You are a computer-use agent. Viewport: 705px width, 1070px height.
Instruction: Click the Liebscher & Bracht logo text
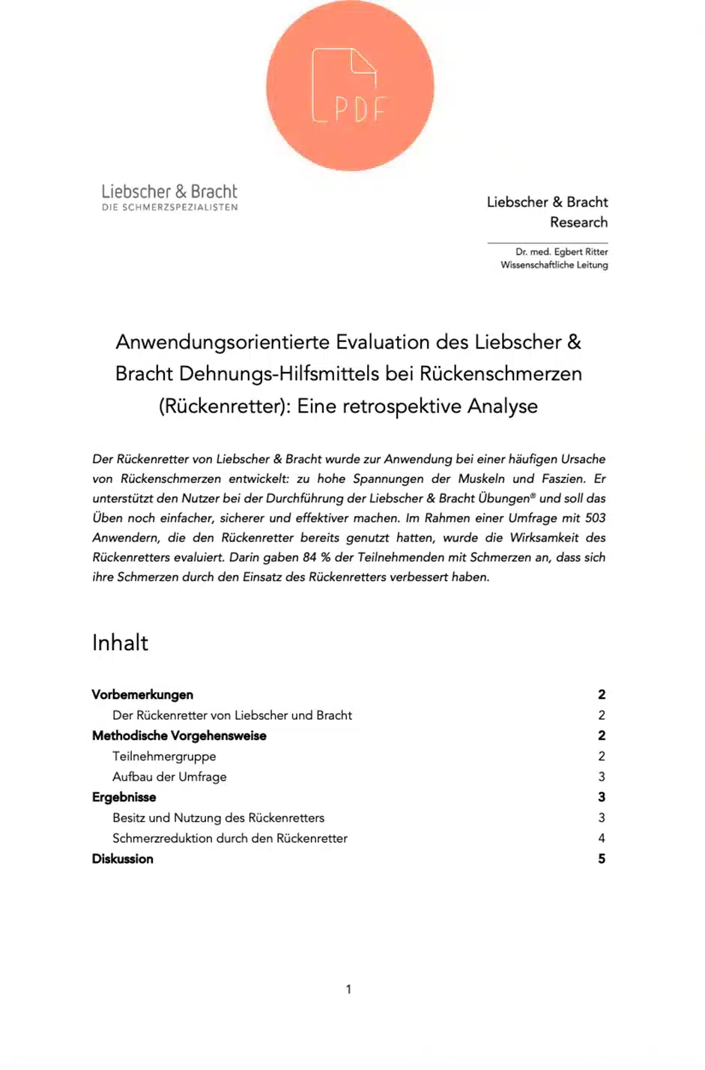click(x=169, y=191)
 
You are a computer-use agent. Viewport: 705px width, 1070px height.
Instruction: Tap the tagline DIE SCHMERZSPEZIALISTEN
click(x=169, y=208)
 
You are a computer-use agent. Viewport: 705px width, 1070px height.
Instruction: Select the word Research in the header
click(x=578, y=222)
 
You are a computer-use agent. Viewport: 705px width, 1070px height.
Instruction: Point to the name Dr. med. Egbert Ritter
click(x=561, y=252)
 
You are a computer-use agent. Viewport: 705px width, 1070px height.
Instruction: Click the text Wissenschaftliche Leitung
click(x=554, y=265)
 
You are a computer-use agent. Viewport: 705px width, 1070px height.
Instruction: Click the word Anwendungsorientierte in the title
click(x=223, y=342)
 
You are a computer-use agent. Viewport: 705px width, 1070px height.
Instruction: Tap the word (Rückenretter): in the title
click(x=225, y=406)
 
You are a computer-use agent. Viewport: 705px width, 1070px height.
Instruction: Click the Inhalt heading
click(x=120, y=643)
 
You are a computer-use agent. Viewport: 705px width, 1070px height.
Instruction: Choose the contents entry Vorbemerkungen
click(x=142, y=695)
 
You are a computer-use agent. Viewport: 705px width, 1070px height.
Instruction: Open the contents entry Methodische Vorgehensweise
click(x=179, y=736)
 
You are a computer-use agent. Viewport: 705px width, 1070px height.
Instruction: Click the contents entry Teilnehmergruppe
click(x=164, y=757)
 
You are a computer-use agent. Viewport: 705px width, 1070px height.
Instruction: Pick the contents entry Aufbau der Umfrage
click(x=169, y=777)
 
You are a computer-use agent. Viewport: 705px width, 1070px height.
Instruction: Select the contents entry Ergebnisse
click(x=124, y=797)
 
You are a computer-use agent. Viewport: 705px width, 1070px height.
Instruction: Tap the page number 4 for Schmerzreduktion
click(x=602, y=838)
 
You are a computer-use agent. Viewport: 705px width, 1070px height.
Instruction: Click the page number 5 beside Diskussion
click(x=602, y=859)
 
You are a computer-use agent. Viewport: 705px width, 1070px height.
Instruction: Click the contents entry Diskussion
click(x=123, y=859)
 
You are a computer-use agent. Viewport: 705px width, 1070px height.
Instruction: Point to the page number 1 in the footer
click(x=348, y=990)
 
